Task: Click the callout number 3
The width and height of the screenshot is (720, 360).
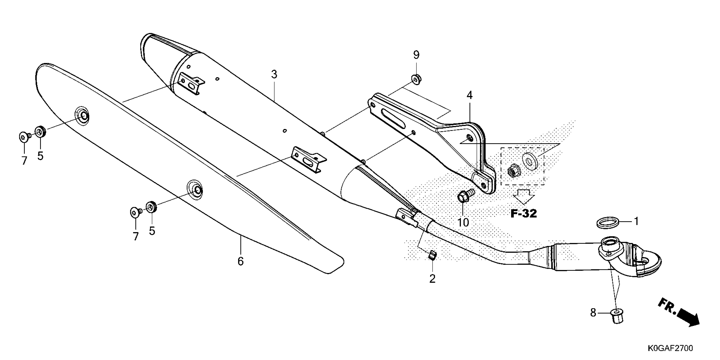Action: click(x=274, y=75)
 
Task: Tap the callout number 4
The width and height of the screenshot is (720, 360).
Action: click(x=469, y=96)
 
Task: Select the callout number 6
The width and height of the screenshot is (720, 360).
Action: click(x=240, y=261)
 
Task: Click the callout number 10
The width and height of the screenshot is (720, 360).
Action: click(x=463, y=223)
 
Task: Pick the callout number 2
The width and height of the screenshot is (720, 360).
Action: click(x=432, y=279)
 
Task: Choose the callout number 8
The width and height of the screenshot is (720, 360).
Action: click(x=593, y=313)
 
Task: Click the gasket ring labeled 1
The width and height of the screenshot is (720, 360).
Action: click(x=607, y=224)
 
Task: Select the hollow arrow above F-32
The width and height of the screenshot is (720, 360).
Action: click(x=523, y=196)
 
